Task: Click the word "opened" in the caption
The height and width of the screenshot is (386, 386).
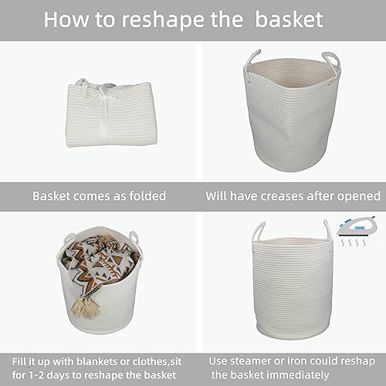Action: (x=359, y=196)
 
